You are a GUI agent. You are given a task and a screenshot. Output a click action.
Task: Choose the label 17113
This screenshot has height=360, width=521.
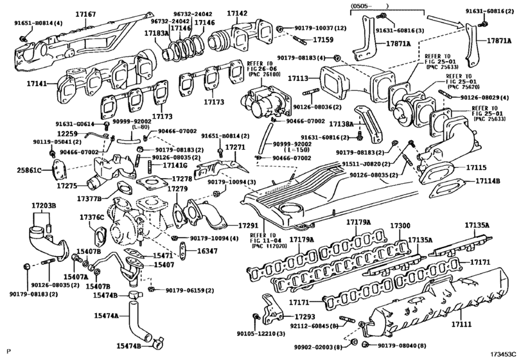(298, 78)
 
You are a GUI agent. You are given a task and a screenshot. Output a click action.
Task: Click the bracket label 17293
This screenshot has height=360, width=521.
(305, 317)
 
